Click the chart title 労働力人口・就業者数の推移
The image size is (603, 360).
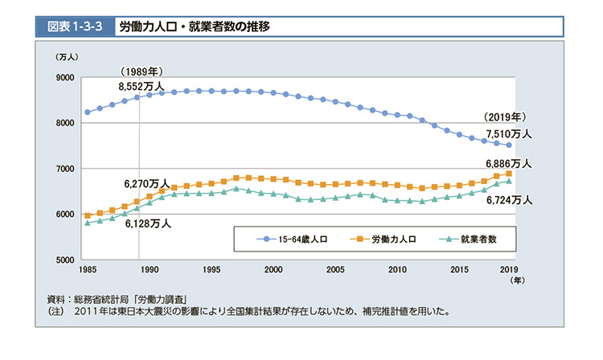coord(194,26)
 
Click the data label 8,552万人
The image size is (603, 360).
coord(141,86)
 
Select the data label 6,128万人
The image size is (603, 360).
coord(148,224)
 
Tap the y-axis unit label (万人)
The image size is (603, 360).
coord(67,57)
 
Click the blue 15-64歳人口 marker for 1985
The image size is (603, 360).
coord(87,112)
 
